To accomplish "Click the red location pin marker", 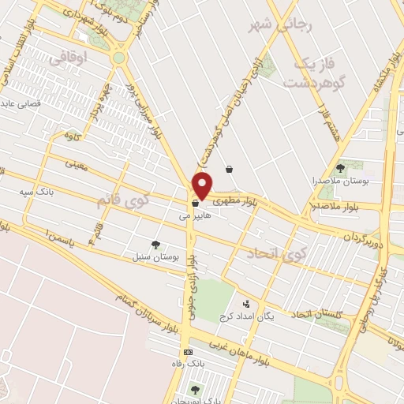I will tap(203, 185).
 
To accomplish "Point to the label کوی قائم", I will tap(122, 200).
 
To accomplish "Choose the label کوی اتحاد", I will tap(275, 252).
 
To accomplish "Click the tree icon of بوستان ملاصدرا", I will tap(340, 167).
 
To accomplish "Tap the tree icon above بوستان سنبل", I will tap(155, 245).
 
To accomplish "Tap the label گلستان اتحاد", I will tap(316, 316).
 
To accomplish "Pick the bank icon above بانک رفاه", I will tap(188, 352).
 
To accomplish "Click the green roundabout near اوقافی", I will tap(119, 58).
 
